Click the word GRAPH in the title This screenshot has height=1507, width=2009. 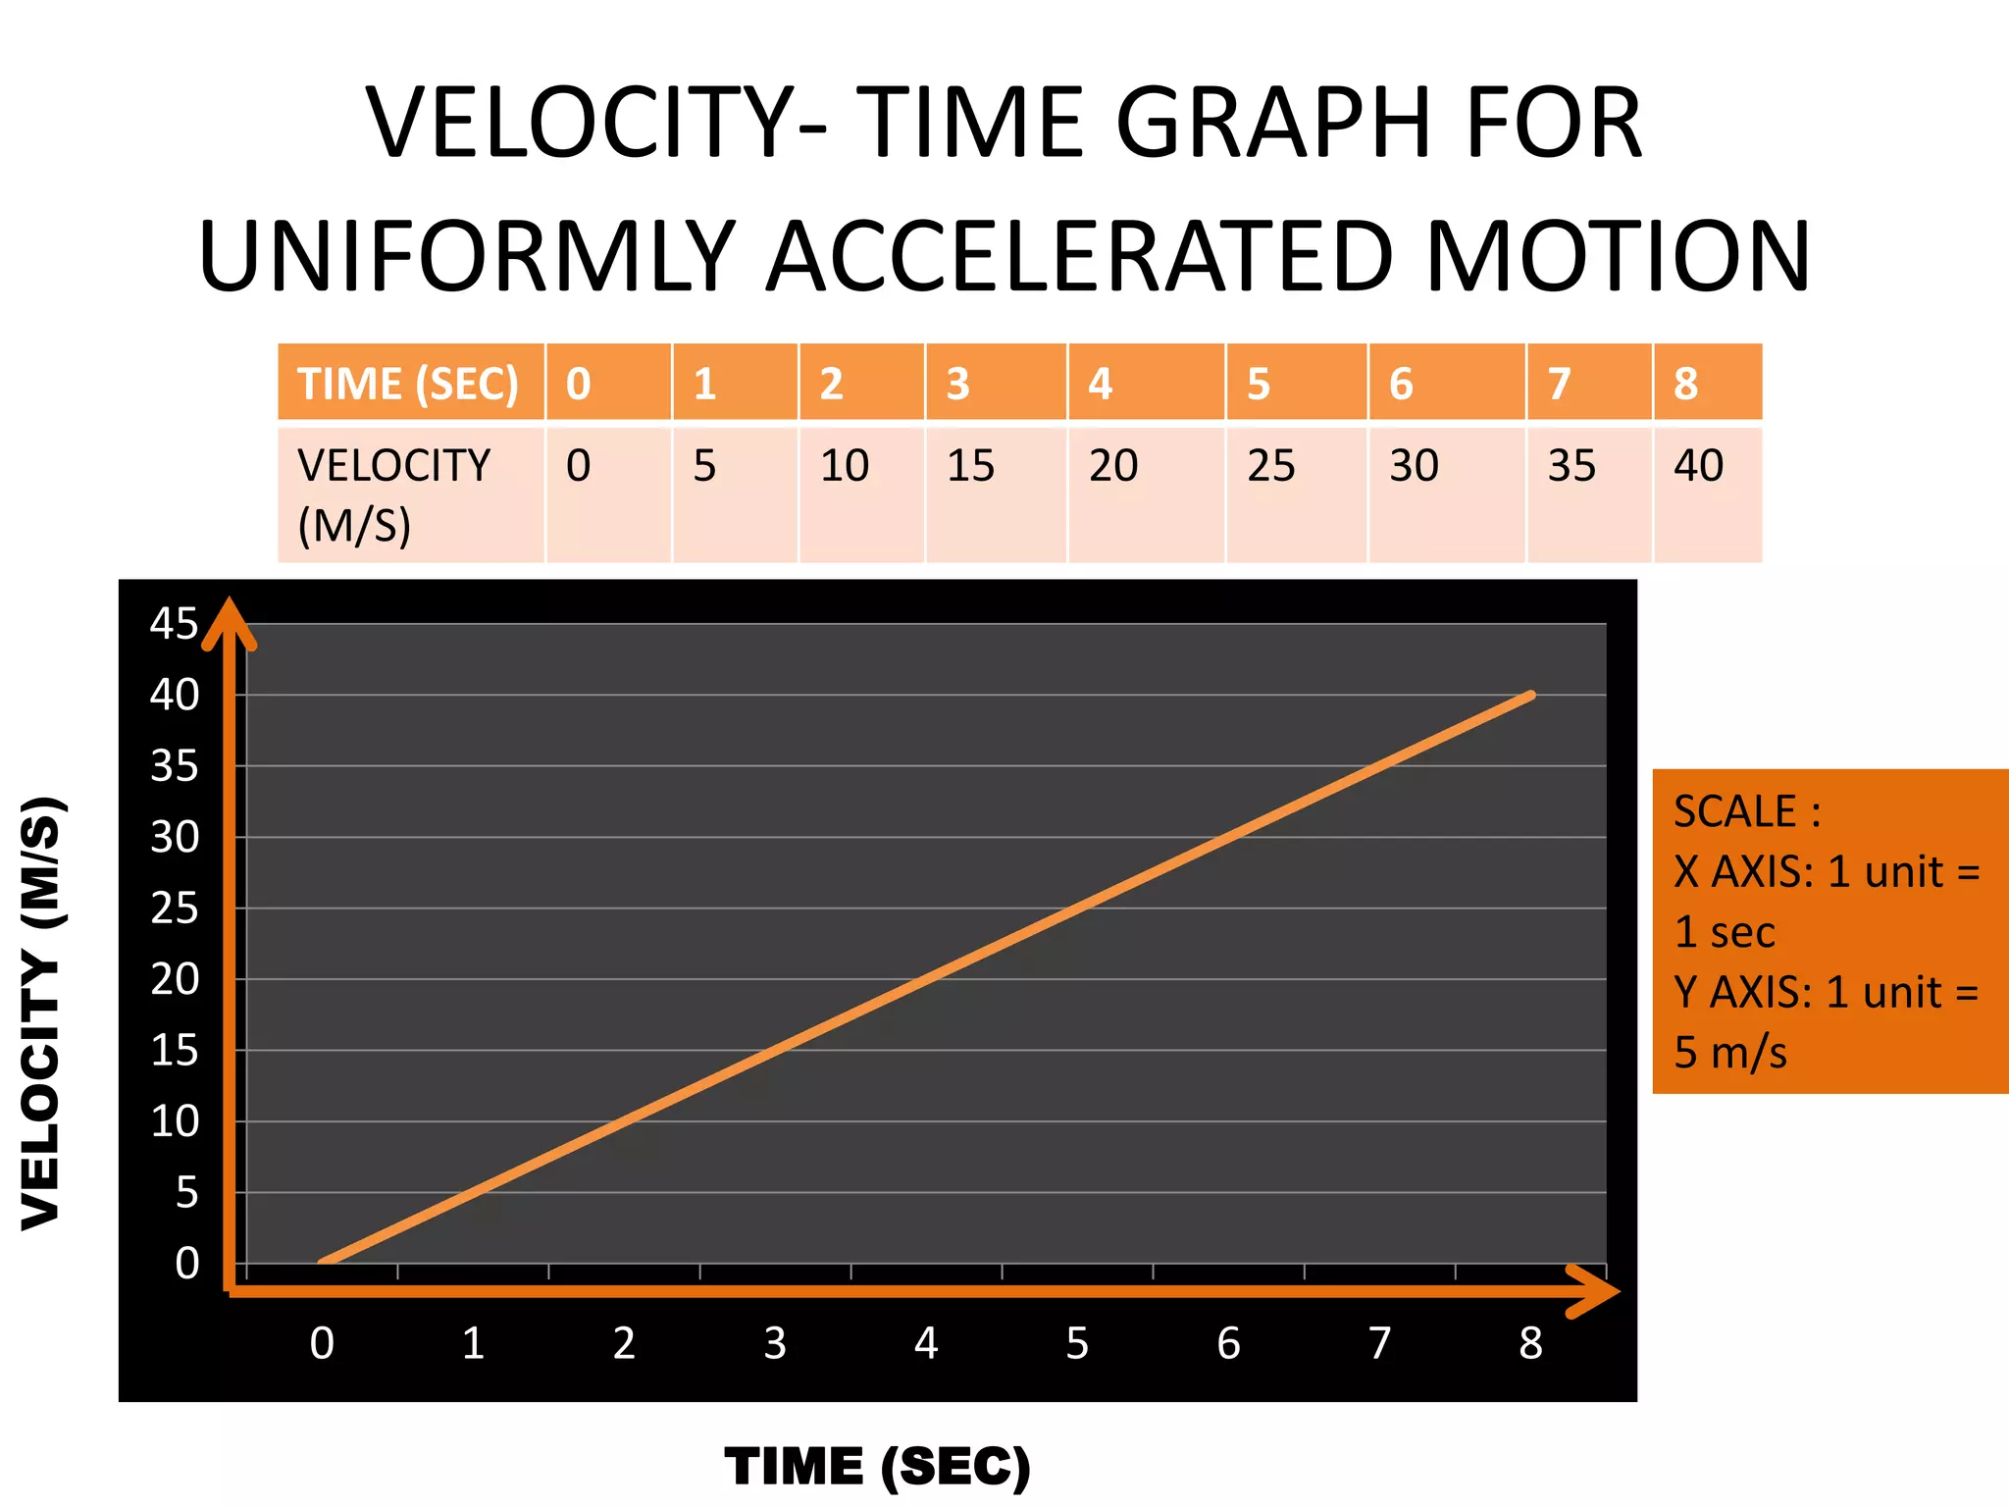click(x=1274, y=124)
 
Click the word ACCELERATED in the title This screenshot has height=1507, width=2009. click(x=1079, y=257)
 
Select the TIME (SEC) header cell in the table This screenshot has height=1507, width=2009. click(x=408, y=384)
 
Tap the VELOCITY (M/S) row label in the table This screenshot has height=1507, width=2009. click(x=393, y=494)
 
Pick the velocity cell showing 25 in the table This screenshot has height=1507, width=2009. click(x=1271, y=465)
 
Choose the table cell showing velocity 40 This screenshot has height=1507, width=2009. click(x=1698, y=465)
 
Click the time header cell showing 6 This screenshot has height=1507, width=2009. click(x=1401, y=384)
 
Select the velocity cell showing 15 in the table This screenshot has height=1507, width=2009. click(x=970, y=465)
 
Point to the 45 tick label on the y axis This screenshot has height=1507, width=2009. click(x=174, y=624)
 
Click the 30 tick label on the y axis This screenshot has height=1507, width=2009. click(x=174, y=838)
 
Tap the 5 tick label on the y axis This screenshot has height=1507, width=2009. click(x=186, y=1193)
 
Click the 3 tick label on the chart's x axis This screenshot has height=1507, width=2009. click(x=775, y=1343)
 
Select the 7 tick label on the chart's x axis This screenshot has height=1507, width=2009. click(x=1379, y=1343)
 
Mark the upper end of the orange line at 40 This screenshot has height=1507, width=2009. click(x=1530, y=696)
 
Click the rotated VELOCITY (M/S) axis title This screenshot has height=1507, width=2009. click(x=41, y=1013)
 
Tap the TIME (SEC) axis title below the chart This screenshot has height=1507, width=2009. click(x=878, y=1467)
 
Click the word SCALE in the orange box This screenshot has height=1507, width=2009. click(x=1734, y=812)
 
